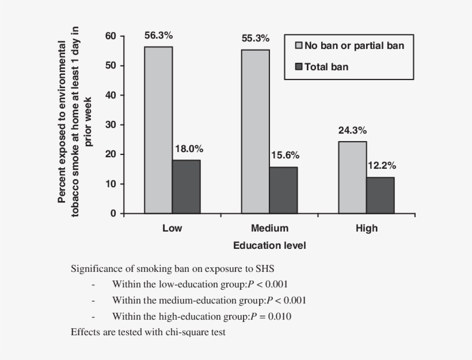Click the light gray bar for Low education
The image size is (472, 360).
point(158,130)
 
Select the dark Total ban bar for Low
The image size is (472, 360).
point(186,187)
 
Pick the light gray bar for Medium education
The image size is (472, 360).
point(255,131)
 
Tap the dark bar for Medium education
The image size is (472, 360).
point(283,190)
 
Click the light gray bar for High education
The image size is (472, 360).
point(352,177)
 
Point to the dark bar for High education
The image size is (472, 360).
point(380,195)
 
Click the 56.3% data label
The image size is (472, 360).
point(158,35)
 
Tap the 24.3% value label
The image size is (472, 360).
point(352,130)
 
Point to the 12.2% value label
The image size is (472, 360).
point(382,165)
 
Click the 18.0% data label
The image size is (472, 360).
point(189,149)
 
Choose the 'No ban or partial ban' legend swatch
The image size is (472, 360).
point(298,46)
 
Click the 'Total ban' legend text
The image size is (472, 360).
point(326,67)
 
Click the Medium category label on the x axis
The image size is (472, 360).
point(269,228)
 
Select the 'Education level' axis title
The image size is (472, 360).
point(269,245)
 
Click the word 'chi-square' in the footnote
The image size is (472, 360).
point(188,332)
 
